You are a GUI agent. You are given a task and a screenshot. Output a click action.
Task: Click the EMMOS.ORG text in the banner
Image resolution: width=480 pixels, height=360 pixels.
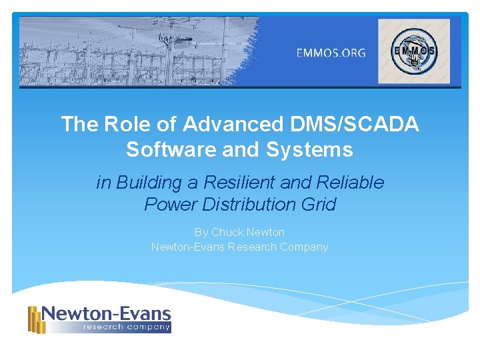click(x=331, y=53)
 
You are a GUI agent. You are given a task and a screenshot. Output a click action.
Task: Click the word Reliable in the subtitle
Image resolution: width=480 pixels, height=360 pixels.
click(x=352, y=182)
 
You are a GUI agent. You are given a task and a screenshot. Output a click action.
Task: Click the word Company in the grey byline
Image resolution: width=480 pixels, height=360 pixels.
click(x=303, y=247)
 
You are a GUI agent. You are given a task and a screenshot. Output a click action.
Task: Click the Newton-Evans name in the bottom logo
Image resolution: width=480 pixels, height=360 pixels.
click(x=106, y=313)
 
